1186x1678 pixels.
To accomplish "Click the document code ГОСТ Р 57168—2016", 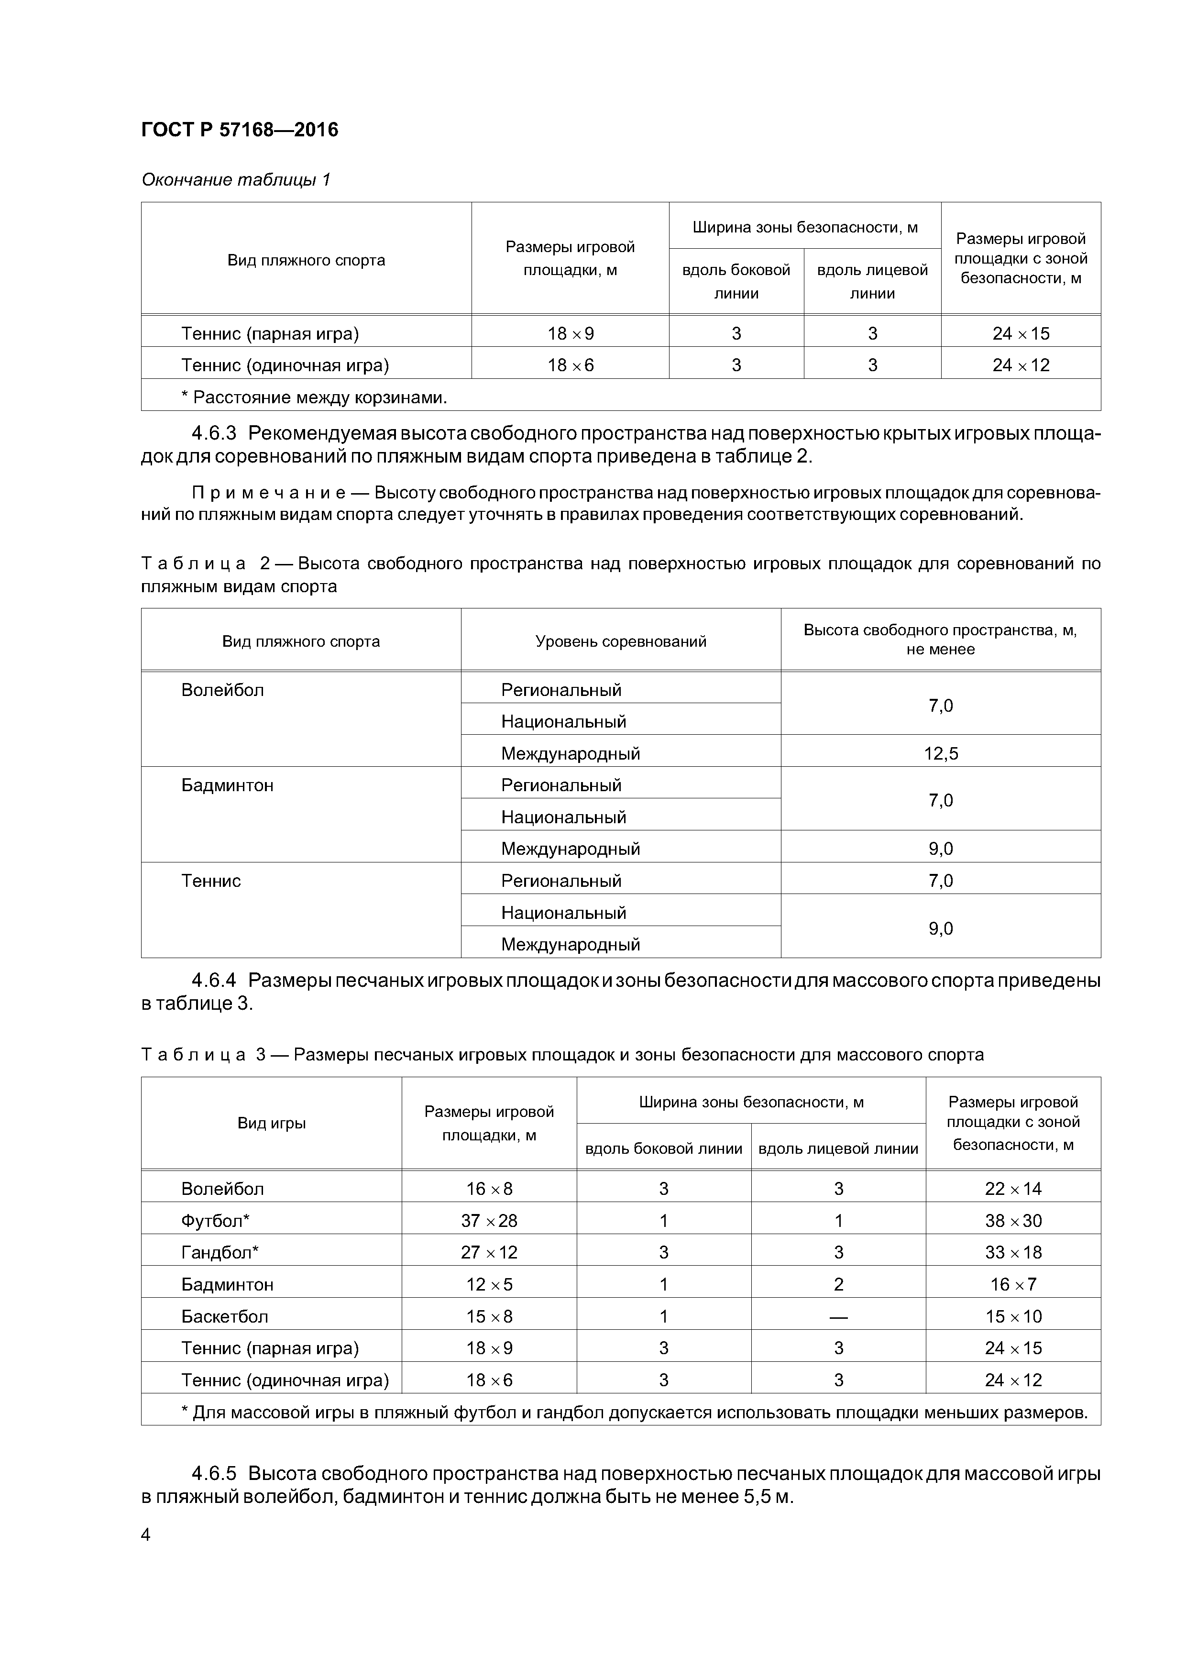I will click(x=239, y=130).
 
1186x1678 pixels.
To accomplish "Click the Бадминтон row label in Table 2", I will click(x=227, y=785).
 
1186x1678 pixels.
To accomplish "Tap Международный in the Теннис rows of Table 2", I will click(x=570, y=944).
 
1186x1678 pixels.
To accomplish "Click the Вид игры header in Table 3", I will click(x=271, y=1123).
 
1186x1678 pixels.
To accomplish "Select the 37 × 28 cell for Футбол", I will click(x=489, y=1221).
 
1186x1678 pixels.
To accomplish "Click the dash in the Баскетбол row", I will click(x=838, y=1316).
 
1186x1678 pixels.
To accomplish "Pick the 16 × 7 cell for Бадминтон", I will click(x=1013, y=1284).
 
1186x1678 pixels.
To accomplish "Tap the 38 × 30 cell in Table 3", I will click(x=1013, y=1221).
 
